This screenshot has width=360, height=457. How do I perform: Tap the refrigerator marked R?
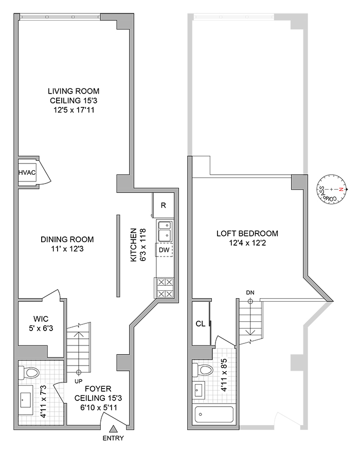pos(163,205)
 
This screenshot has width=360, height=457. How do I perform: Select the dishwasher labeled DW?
pos(164,250)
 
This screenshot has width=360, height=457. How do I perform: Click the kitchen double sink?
pos(165,230)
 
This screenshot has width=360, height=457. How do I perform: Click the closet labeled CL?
pos(200,324)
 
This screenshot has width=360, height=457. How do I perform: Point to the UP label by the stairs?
pos(79,381)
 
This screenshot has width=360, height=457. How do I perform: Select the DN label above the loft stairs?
pos(250,293)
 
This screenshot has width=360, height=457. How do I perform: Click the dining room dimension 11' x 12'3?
pos(67,248)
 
